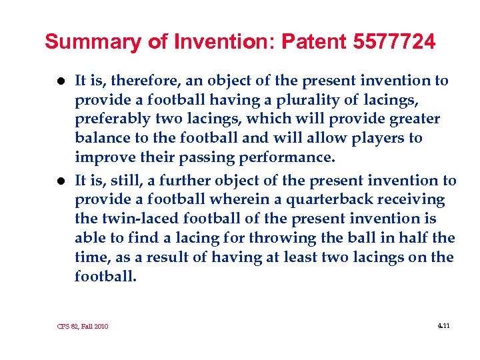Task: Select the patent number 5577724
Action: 391,43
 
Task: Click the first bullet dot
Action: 60,81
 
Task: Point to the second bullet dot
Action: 60,181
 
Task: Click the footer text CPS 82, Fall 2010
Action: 83,326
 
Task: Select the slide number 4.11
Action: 443,325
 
